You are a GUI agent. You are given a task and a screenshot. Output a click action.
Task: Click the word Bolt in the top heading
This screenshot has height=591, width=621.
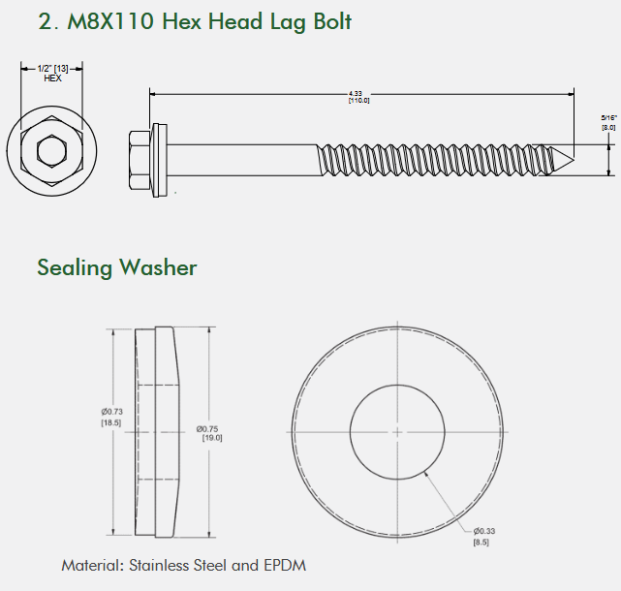click(332, 21)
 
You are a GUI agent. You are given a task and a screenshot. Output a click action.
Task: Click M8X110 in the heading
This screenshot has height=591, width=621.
click(110, 21)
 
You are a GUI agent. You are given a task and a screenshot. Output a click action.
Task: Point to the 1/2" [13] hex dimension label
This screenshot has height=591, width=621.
click(52, 69)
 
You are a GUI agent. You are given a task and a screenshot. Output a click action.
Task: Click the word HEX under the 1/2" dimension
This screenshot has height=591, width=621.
click(52, 78)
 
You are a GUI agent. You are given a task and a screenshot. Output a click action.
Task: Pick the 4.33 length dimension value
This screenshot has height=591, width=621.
click(356, 93)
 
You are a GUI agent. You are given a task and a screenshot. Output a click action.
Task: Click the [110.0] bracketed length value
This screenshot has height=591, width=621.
click(358, 101)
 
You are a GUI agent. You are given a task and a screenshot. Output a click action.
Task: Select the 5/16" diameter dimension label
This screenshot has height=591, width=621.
click(608, 117)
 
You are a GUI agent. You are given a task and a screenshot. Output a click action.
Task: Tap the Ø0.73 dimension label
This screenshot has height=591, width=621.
click(111, 412)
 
